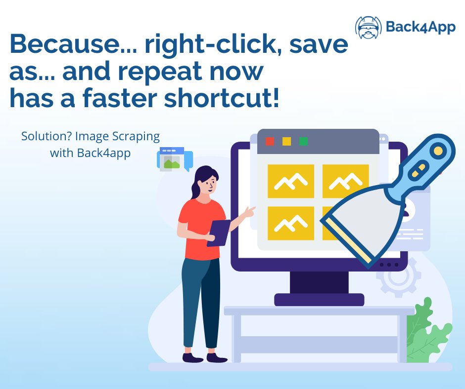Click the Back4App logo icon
[369, 27]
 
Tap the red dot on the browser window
[270, 141]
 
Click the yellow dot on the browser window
[286, 141]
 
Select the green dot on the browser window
[303, 141]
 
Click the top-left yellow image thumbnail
[290, 181]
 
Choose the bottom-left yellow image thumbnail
[290, 223]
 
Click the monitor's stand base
[319, 299]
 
